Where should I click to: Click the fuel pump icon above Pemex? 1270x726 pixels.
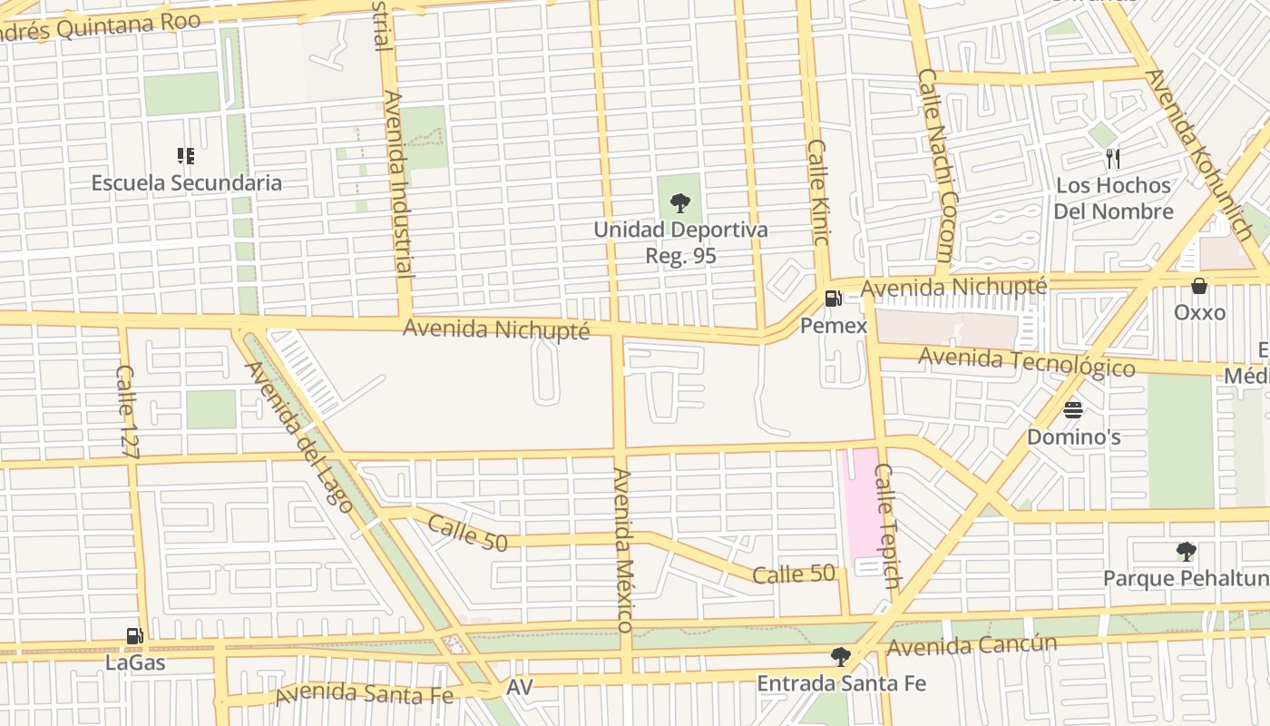click(832, 298)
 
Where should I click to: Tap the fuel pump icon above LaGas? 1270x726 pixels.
click(134, 636)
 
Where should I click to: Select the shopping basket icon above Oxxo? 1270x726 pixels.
click(1199, 286)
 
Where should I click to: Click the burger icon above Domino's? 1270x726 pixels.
click(1073, 410)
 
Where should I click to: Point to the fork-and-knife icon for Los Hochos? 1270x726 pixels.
click(1113, 159)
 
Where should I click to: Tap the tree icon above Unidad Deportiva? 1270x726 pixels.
click(679, 203)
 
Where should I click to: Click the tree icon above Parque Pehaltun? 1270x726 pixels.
click(1186, 552)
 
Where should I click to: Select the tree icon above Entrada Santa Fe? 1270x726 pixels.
click(841, 656)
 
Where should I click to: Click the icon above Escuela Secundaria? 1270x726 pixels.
click(186, 156)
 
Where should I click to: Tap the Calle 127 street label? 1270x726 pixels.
click(126, 410)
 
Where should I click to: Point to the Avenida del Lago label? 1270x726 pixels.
click(298, 437)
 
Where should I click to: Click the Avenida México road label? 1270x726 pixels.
click(622, 550)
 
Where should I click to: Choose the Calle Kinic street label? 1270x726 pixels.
click(818, 192)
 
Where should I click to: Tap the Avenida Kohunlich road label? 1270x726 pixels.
click(1197, 154)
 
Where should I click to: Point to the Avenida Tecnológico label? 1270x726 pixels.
click(1026, 362)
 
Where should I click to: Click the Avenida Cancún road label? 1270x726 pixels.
click(972, 646)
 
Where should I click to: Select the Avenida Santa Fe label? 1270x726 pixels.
click(364, 694)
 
